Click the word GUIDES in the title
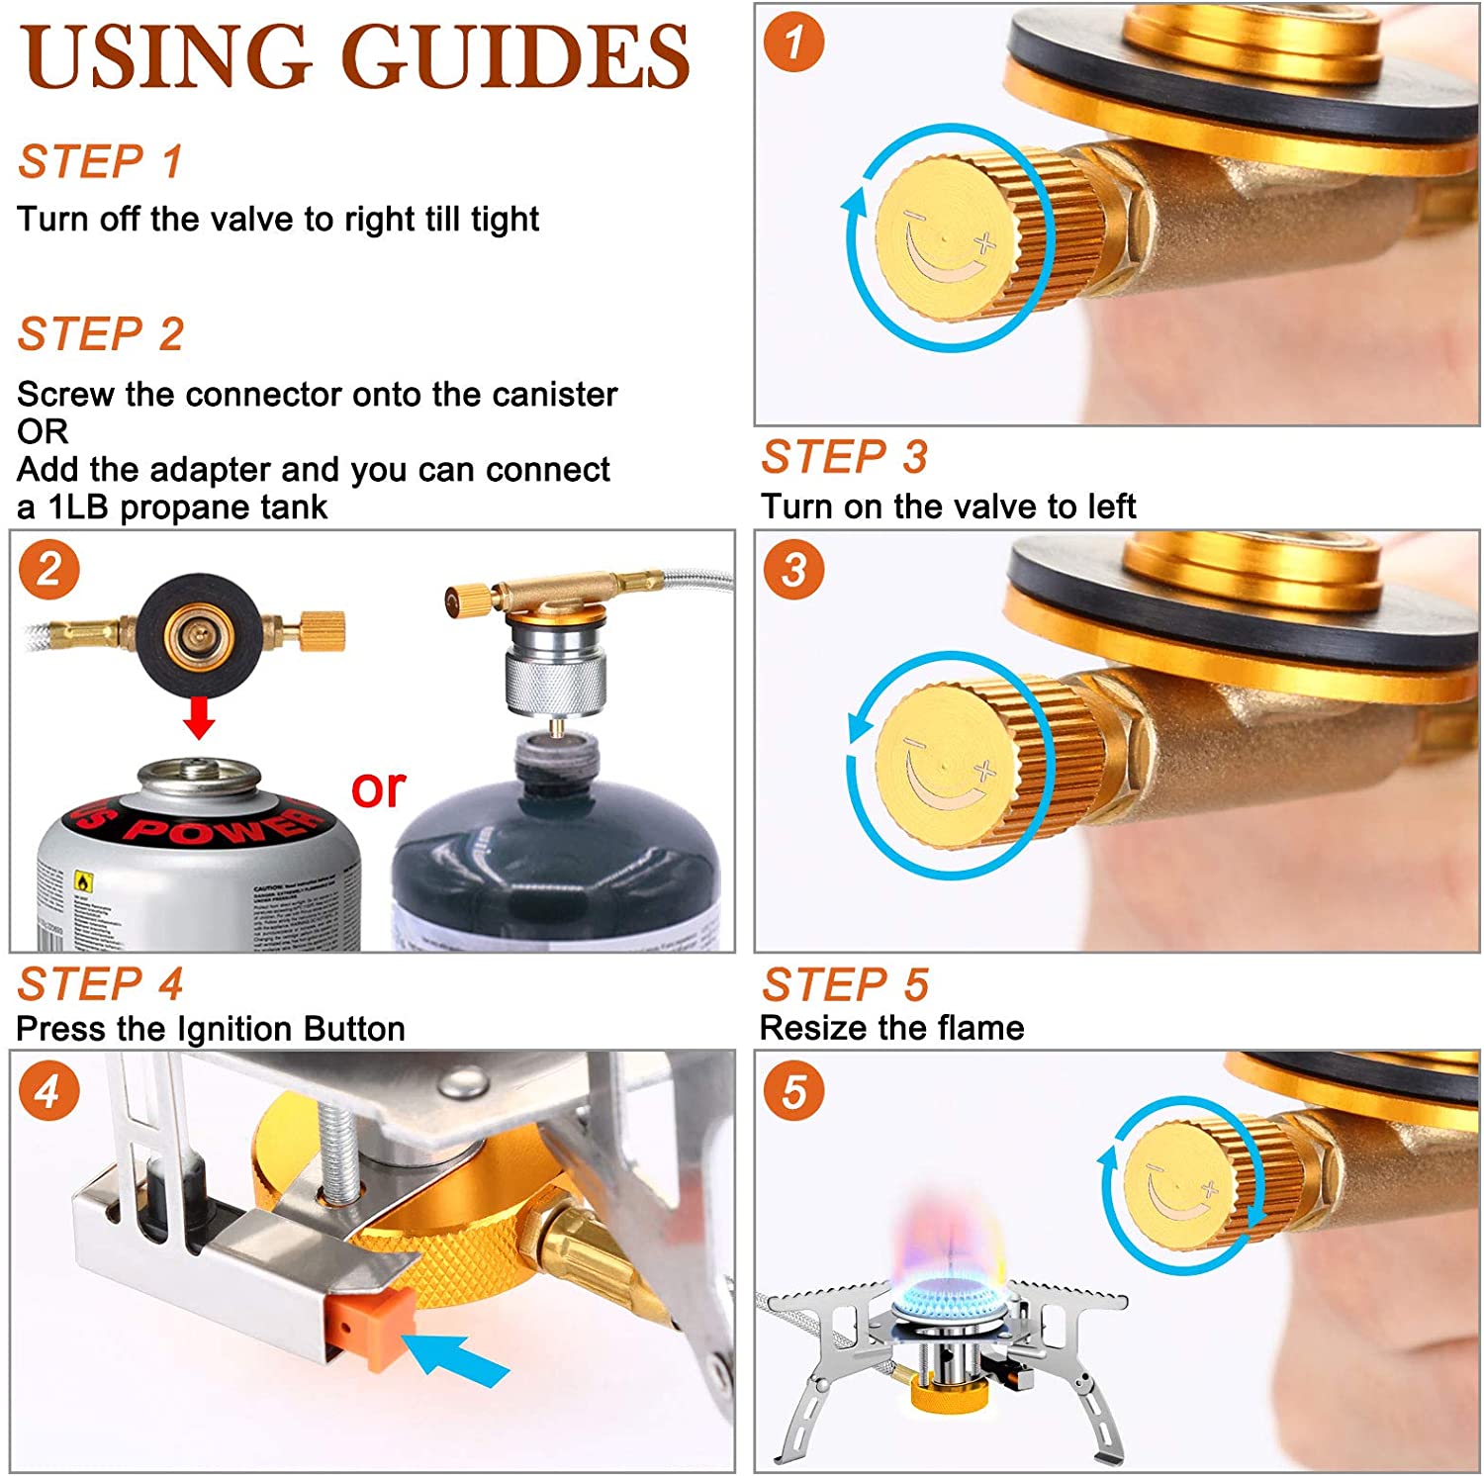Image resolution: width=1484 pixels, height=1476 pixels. (x=515, y=56)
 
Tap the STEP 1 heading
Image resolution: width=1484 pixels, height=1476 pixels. (x=101, y=161)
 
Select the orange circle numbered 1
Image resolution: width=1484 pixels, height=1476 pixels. (x=793, y=43)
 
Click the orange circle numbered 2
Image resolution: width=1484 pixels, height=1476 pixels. (x=48, y=571)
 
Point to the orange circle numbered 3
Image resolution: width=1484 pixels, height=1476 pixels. (x=793, y=571)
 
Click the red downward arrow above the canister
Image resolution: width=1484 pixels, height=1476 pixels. (x=199, y=717)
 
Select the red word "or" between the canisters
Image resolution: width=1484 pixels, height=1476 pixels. (x=378, y=788)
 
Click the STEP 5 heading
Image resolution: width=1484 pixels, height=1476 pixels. (x=845, y=984)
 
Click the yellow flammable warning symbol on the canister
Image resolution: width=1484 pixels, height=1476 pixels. (x=83, y=880)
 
